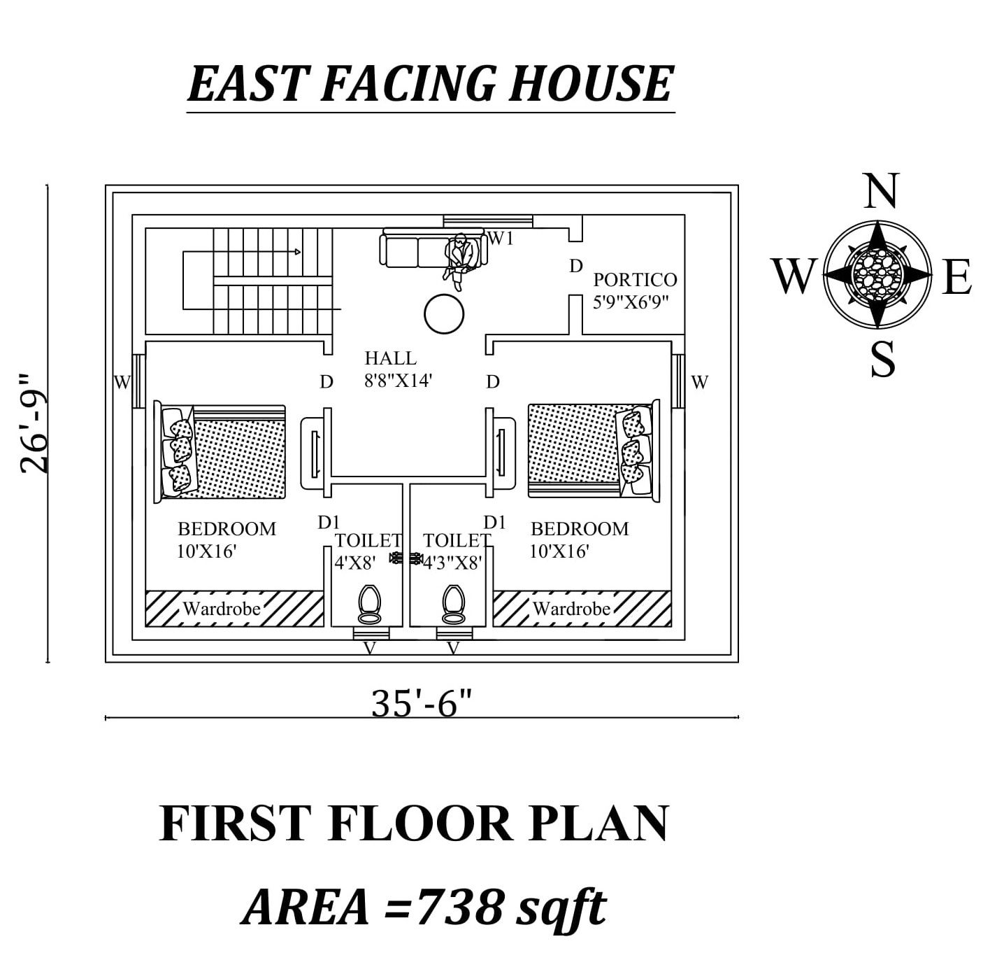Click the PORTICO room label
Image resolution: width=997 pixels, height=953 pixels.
(635, 280)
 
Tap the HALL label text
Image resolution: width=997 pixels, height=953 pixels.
(390, 358)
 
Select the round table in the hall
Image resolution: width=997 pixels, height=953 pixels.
(444, 315)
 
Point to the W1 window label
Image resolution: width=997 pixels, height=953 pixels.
(501, 239)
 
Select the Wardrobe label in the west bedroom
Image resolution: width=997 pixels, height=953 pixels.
(222, 609)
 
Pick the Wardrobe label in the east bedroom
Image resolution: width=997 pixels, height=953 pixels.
(571, 609)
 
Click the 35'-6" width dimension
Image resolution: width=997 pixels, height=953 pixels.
(423, 703)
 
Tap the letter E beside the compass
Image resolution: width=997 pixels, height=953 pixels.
(956, 277)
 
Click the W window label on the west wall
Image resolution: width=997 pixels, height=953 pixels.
(122, 383)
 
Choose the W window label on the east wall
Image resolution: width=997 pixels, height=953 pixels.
(700, 382)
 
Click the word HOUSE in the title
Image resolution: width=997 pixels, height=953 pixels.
(591, 84)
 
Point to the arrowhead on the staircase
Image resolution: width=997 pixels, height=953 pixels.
(298, 252)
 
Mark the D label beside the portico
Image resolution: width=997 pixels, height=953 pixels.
(575, 266)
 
